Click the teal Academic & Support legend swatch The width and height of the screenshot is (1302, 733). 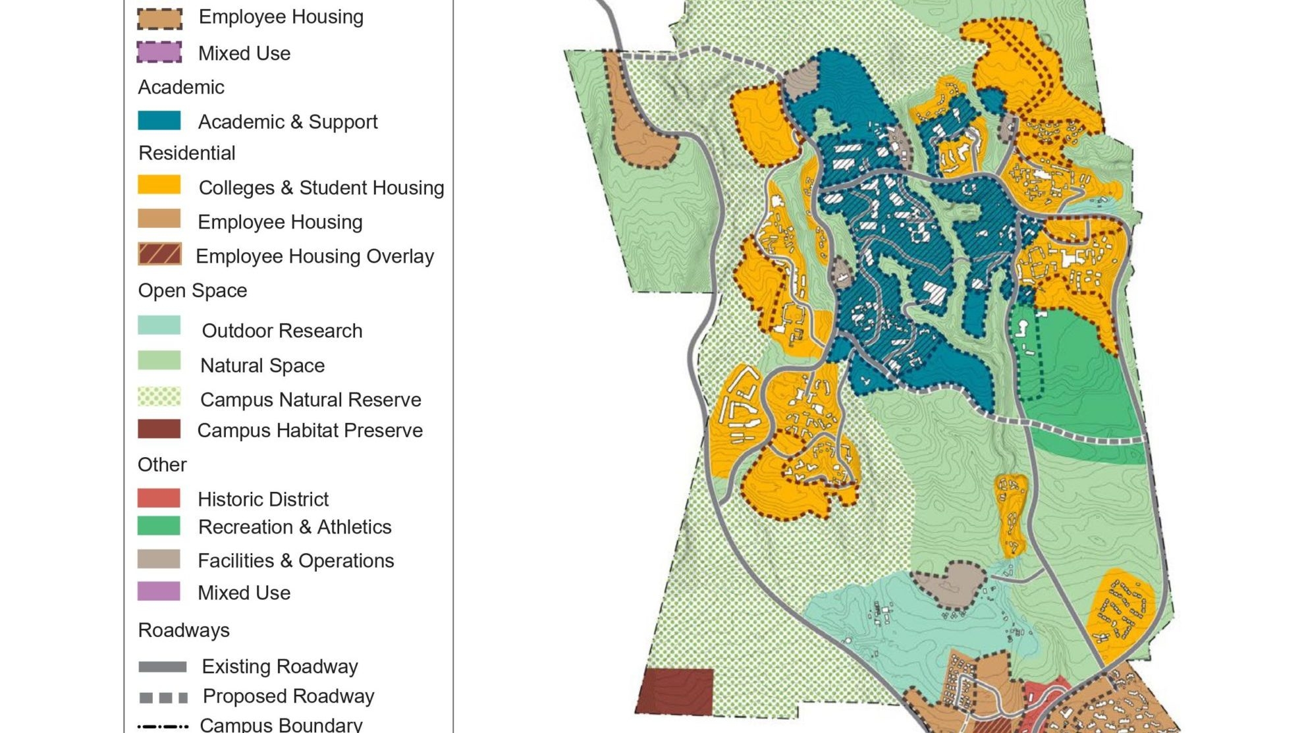pos(159,121)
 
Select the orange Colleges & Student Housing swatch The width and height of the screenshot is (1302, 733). pos(159,185)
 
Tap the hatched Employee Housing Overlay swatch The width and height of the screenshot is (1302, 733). pos(159,254)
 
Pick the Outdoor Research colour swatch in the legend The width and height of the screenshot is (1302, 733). pos(159,325)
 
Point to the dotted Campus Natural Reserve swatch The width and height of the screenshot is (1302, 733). pos(159,396)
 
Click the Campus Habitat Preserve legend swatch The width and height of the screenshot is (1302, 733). pos(159,429)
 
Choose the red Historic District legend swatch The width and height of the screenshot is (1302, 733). pos(159,498)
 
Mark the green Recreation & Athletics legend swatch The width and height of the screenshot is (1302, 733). pos(159,526)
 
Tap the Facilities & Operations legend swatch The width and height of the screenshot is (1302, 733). pos(159,559)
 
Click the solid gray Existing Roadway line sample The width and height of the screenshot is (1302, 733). pos(163,667)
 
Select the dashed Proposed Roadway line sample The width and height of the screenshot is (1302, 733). pos(163,697)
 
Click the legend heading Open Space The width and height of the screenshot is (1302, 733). pos(192,290)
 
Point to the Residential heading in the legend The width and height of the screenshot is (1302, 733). pos(186,153)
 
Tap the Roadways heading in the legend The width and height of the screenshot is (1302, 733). pos(184,630)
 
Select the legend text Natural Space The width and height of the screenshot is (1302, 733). pos(262,366)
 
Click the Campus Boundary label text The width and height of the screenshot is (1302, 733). pos(281,724)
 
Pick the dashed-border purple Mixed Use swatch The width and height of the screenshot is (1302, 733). pos(159,52)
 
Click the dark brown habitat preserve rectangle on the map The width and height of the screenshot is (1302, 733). pos(675,692)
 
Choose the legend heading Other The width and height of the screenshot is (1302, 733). pos(162,464)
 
